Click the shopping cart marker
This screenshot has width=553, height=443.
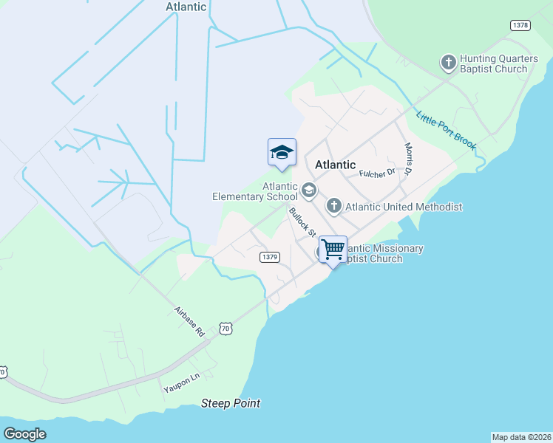pyautogui.click(x=333, y=250)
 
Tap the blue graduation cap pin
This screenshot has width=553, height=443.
pyautogui.click(x=282, y=153)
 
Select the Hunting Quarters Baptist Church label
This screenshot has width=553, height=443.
pyautogui.click(x=493, y=63)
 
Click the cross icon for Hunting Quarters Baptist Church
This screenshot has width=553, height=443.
pyautogui.click(x=448, y=63)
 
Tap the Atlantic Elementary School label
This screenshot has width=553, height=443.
pyautogui.click(x=255, y=192)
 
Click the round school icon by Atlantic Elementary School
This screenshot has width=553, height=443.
pyautogui.click(x=309, y=192)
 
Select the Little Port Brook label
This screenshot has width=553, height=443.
pyautogui.click(x=445, y=131)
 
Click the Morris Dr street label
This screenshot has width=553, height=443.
pyautogui.click(x=407, y=159)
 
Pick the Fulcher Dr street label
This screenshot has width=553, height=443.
pyautogui.click(x=378, y=173)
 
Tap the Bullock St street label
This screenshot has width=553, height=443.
pyautogui.click(x=302, y=222)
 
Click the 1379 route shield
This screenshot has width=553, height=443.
pyautogui.click(x=269, y=257)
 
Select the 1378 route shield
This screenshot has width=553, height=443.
pyautogui.click(x=520, y=26)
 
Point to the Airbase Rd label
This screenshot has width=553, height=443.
pyautogui.click(x=189, y=321)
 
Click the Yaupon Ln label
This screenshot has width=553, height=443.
pyautogui.click(x=181, y=382)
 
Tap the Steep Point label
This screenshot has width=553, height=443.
pyautogui.click(x=231, y=403)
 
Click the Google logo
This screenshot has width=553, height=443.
pyautogui.click(x=24, y=434)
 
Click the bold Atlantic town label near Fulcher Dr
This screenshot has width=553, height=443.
pyautogui.click(x=335, y=165)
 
